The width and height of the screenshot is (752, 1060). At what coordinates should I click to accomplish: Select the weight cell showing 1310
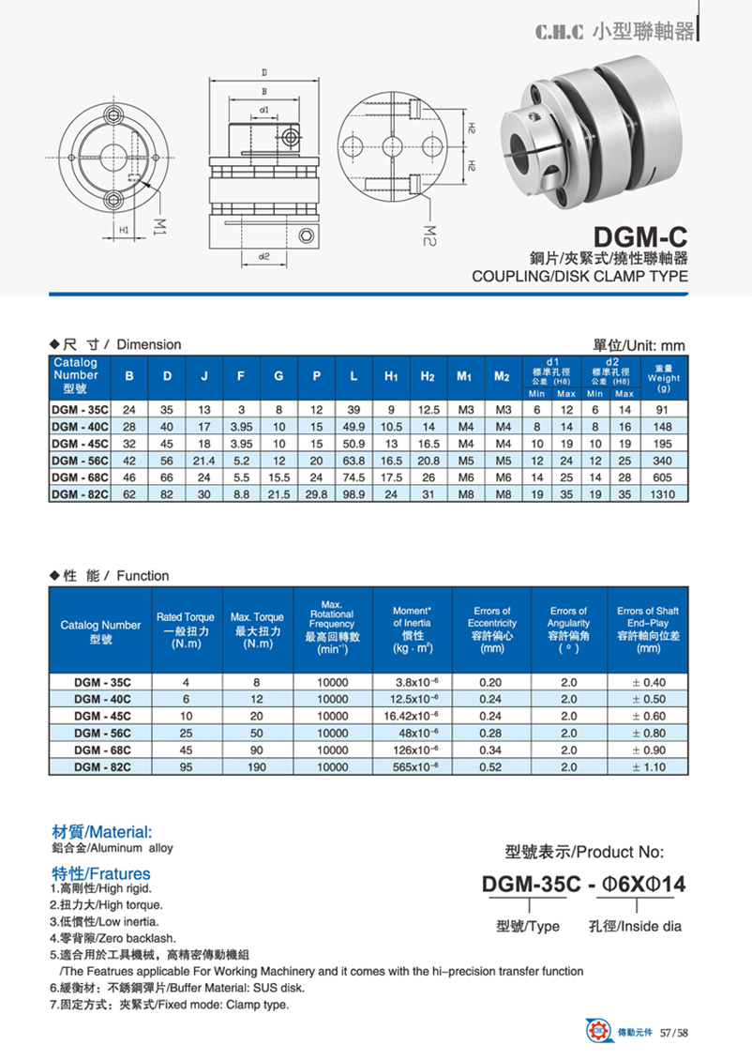tap(663, 493)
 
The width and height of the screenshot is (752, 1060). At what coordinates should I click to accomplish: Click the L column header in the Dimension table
tap(353, 376)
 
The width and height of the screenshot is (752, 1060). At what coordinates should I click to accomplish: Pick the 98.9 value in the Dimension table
tap(353, 493)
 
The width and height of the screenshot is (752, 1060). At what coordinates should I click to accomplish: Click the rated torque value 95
tap(186, 766)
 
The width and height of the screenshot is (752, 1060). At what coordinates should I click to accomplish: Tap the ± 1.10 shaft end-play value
tap(648, 766)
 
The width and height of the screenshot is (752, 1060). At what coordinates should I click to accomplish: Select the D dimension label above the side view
tap(264, 72)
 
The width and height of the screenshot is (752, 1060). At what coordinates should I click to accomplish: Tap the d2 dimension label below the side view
tap(263, 255)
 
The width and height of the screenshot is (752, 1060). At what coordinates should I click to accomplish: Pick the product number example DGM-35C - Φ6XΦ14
tap(583, 884)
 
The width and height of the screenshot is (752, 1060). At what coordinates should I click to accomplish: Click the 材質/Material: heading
tap(100, 831)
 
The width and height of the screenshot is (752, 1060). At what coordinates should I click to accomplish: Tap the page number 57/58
tap(675, 1033)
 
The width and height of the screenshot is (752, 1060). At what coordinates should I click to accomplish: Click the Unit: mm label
tap(639, 345)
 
